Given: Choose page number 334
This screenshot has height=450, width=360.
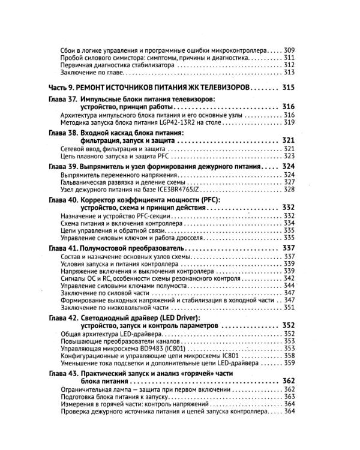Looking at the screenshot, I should pos(289,223).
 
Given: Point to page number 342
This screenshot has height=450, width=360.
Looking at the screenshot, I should pos(289,279).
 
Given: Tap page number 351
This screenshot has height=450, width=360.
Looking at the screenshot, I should pos(289,308).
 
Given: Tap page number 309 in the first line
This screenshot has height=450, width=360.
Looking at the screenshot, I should pos(289,50).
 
